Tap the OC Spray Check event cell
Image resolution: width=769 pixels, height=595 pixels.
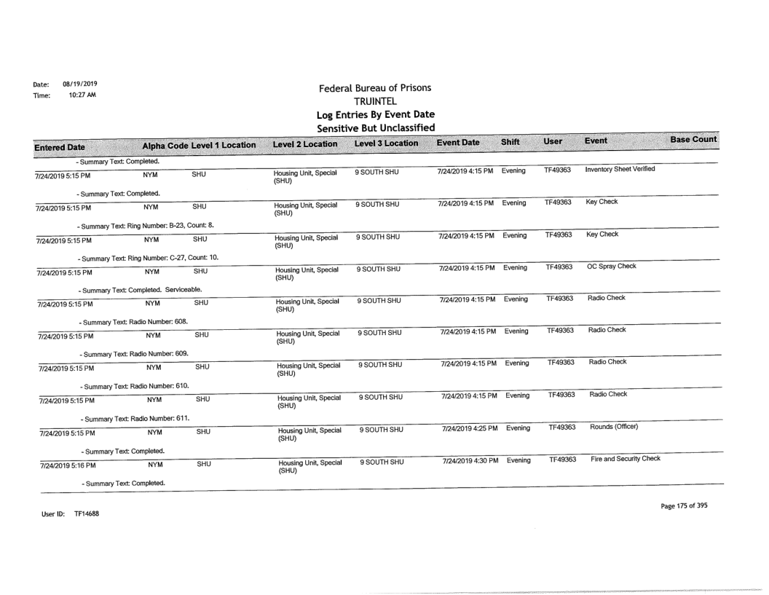pos(612,266)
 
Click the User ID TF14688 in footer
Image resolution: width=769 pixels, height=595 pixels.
pos(64,514)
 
